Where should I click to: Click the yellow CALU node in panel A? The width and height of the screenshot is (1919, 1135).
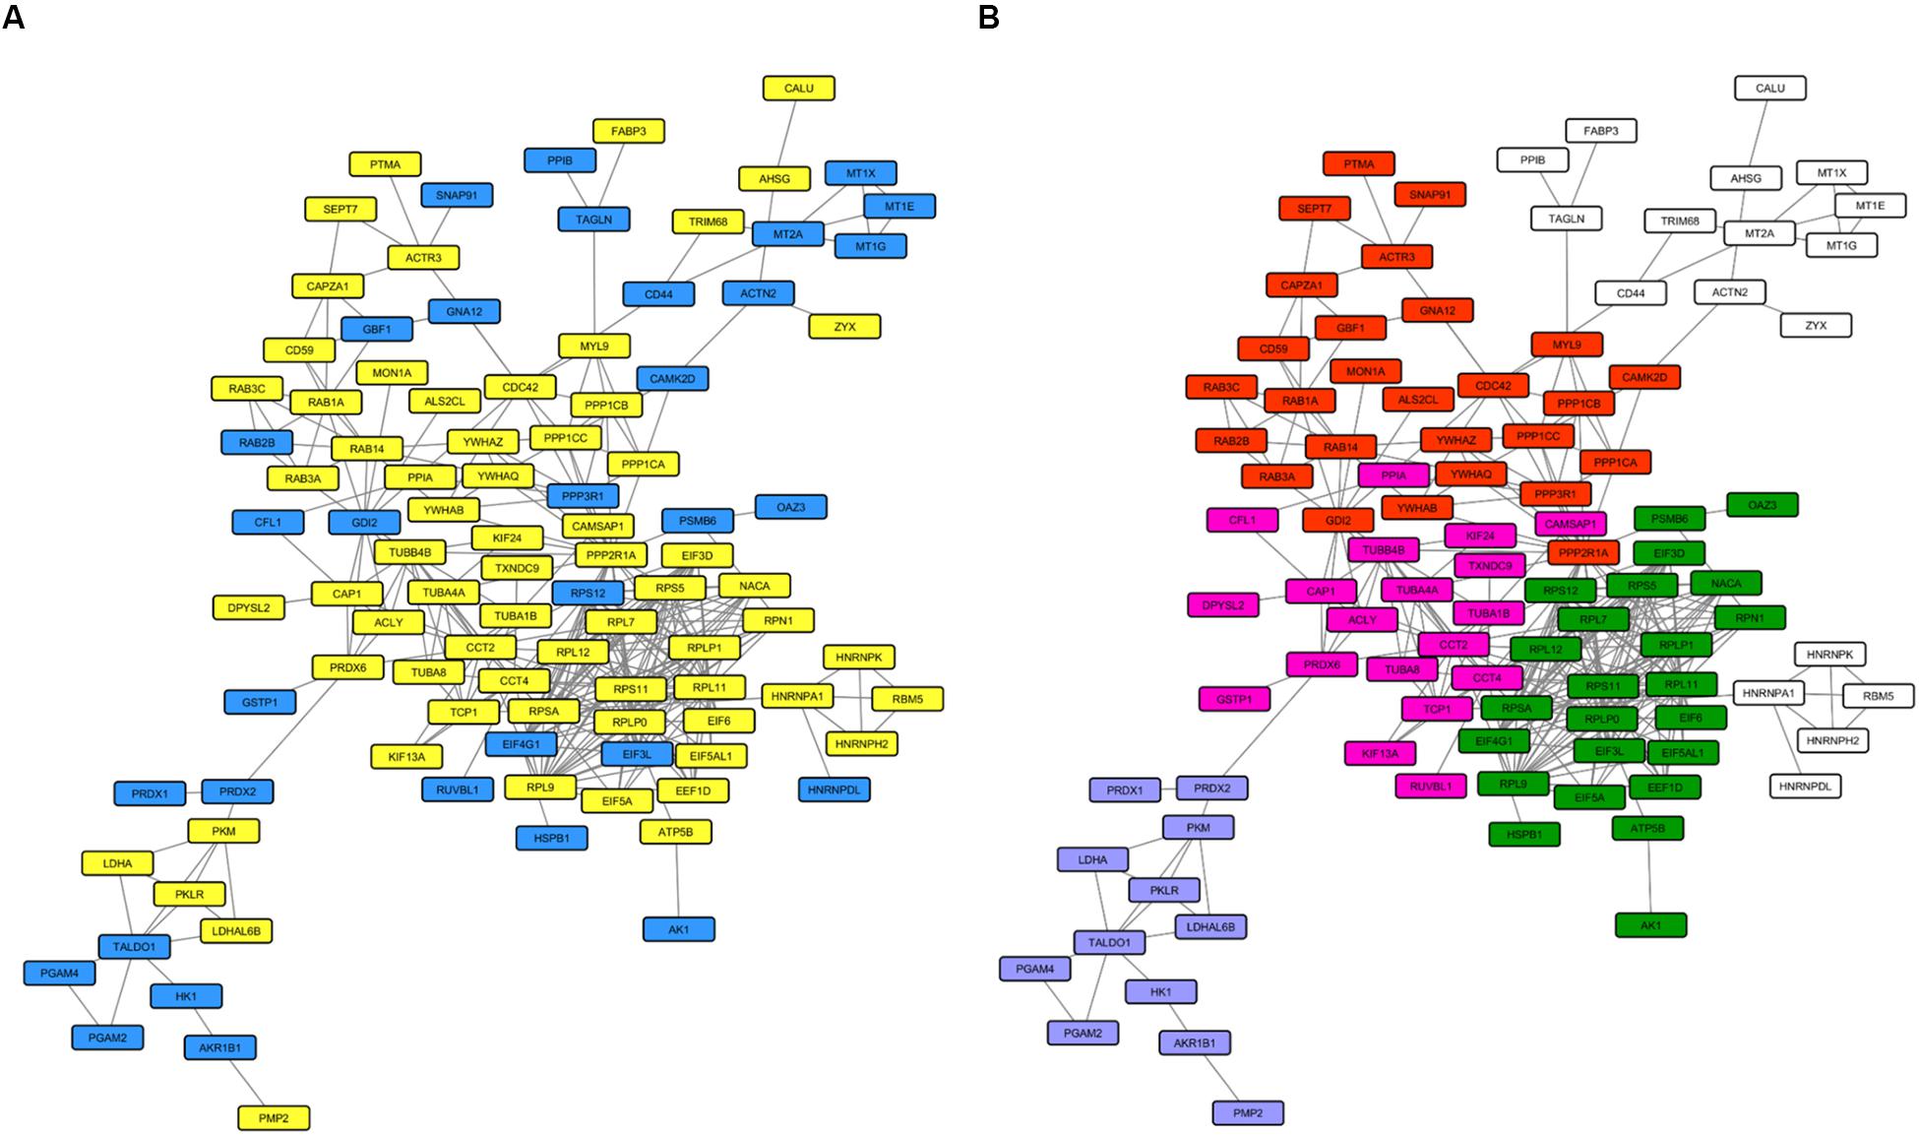point(798,88)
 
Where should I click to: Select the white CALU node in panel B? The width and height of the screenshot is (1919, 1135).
point(1769,88)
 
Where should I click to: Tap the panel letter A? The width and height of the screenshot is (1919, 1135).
point(13,18)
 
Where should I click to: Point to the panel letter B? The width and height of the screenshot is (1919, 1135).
point(988,18)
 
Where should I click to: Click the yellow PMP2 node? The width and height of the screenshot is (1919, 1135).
point(274,1117)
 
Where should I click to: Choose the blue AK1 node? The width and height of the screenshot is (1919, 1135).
point(678,928)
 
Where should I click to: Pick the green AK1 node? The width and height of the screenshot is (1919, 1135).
point(1650,924)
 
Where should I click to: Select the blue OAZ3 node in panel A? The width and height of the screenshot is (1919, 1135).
point(790,506)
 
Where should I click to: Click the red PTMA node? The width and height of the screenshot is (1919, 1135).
point(1358,163)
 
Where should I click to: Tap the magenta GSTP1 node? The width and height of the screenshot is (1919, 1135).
point(1234,698)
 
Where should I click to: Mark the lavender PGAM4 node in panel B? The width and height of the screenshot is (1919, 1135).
point(1034,969)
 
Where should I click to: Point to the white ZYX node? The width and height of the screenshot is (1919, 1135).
point(1816,324)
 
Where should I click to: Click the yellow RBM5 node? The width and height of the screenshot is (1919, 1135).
point(907,699)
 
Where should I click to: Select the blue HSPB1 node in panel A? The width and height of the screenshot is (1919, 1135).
point(552,837)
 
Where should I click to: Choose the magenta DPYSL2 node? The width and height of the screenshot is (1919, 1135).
point(1222,604)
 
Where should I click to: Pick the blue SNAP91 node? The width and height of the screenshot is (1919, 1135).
point(457,195)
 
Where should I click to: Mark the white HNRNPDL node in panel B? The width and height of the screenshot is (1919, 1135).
point(1806,786)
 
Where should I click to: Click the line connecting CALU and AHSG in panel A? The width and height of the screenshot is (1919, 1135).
point(787,133)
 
